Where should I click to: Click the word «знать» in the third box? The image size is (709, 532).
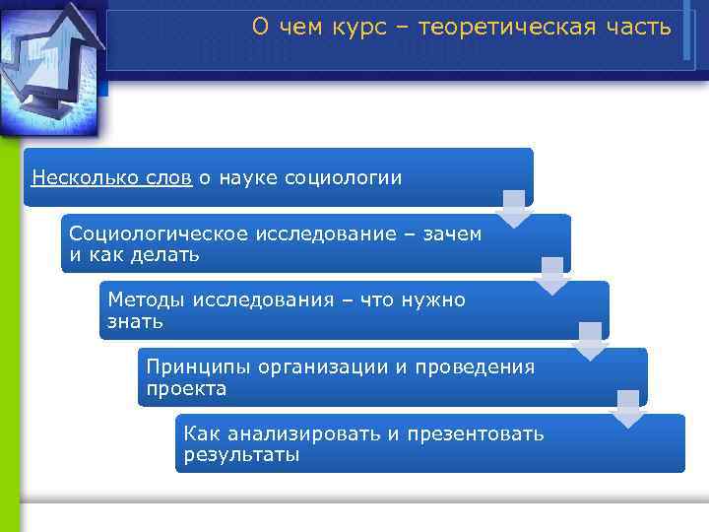point(136,321)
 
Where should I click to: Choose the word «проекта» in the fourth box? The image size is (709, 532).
point(186,389)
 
